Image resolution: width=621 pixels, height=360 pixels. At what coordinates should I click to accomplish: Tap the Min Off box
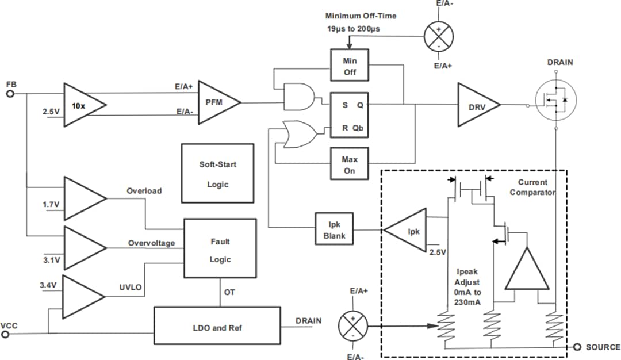[350, 66]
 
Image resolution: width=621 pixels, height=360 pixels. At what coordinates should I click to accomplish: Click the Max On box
[349, 165]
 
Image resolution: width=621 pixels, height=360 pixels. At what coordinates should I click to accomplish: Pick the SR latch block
[349, 115]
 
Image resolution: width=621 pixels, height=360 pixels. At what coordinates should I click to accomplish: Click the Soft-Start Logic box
[217, 174]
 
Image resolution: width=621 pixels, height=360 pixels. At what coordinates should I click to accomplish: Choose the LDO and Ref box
[217, 327]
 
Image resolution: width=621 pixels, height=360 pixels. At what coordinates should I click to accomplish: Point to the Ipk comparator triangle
[407, 231]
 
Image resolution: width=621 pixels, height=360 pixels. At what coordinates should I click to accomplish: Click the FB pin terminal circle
[10, 94]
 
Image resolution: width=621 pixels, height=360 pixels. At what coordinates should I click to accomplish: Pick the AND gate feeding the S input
[299, 97]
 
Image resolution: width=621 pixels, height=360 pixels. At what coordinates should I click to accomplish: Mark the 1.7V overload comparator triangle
[83, 198]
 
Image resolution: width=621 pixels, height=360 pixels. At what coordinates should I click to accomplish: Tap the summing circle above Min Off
[439, 35]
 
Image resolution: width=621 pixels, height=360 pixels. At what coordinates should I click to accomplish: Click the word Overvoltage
[151, 243]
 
